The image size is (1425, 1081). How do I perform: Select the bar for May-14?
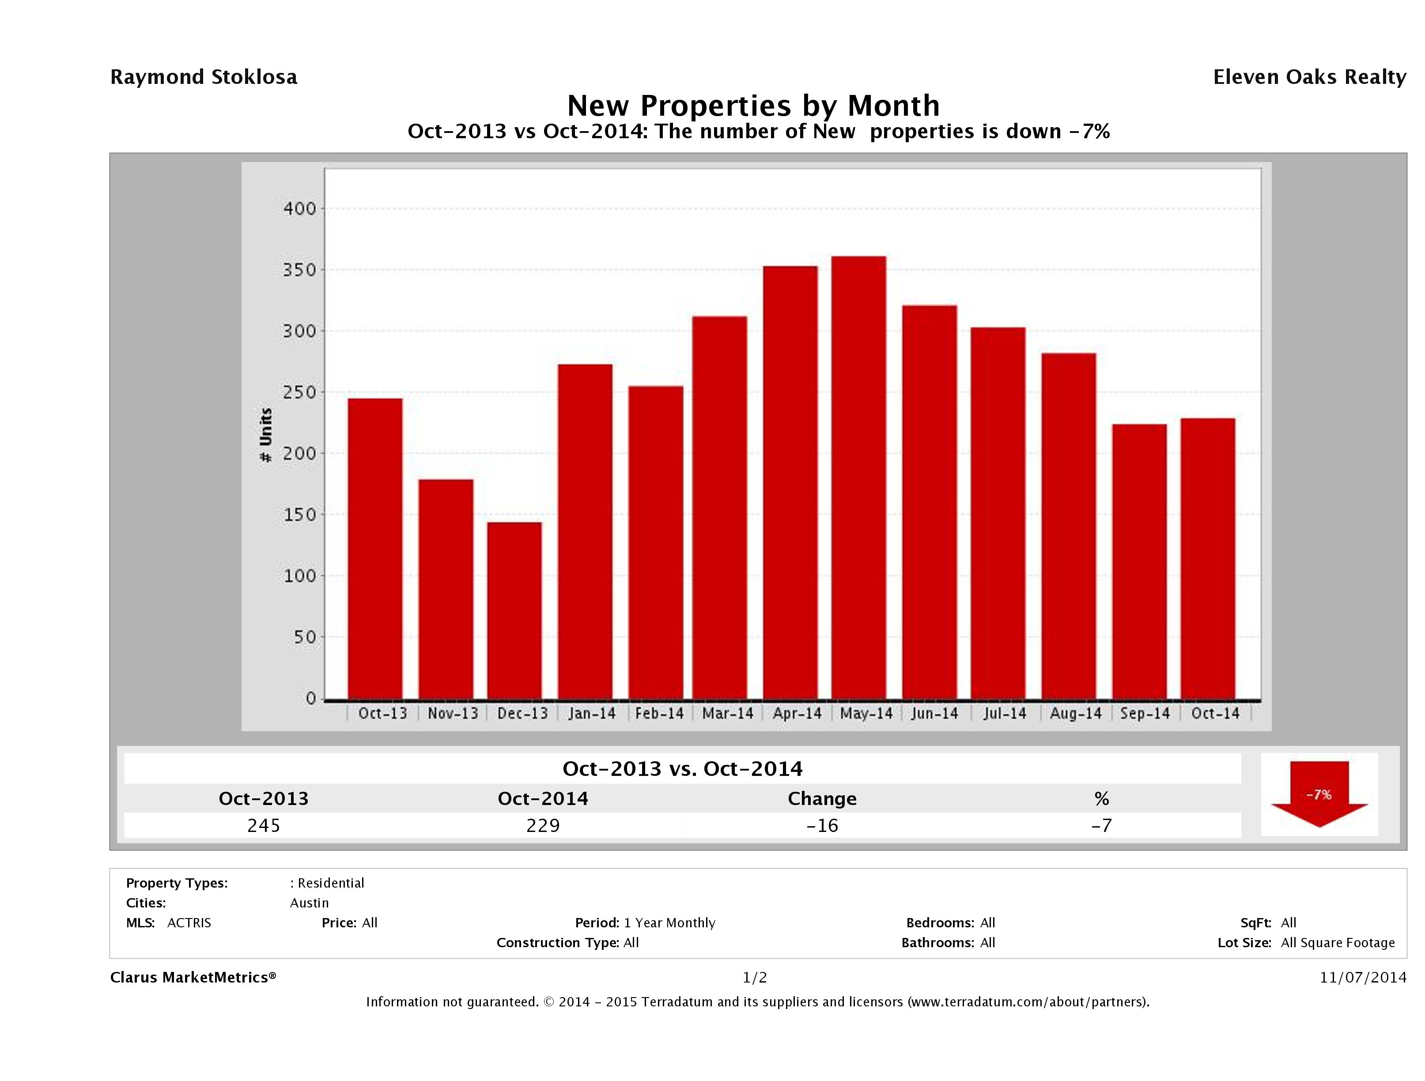tap(859, 478)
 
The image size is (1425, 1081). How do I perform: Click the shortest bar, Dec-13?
tap(514, 611)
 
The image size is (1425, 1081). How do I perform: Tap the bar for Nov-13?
tap(446, 590)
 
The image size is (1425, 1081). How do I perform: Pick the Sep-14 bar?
tap(1139, 562)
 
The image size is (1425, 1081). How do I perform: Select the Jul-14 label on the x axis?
tap(1004, 714)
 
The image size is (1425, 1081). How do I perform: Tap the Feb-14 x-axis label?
tap(659, 714)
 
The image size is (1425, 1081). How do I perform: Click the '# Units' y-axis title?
tap(265, 435)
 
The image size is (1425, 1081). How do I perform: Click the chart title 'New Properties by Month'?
tap(753, 106)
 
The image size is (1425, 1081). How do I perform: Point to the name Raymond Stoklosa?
tap(204, 77)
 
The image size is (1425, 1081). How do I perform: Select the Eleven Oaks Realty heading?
tap(1309, 77)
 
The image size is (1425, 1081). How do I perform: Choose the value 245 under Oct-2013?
tap(264, 826)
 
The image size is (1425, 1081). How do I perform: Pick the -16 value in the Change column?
tap(822, 826)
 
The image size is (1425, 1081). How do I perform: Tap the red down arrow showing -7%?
tap(1319, 794)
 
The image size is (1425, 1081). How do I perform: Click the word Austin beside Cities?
tap(309, 903)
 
